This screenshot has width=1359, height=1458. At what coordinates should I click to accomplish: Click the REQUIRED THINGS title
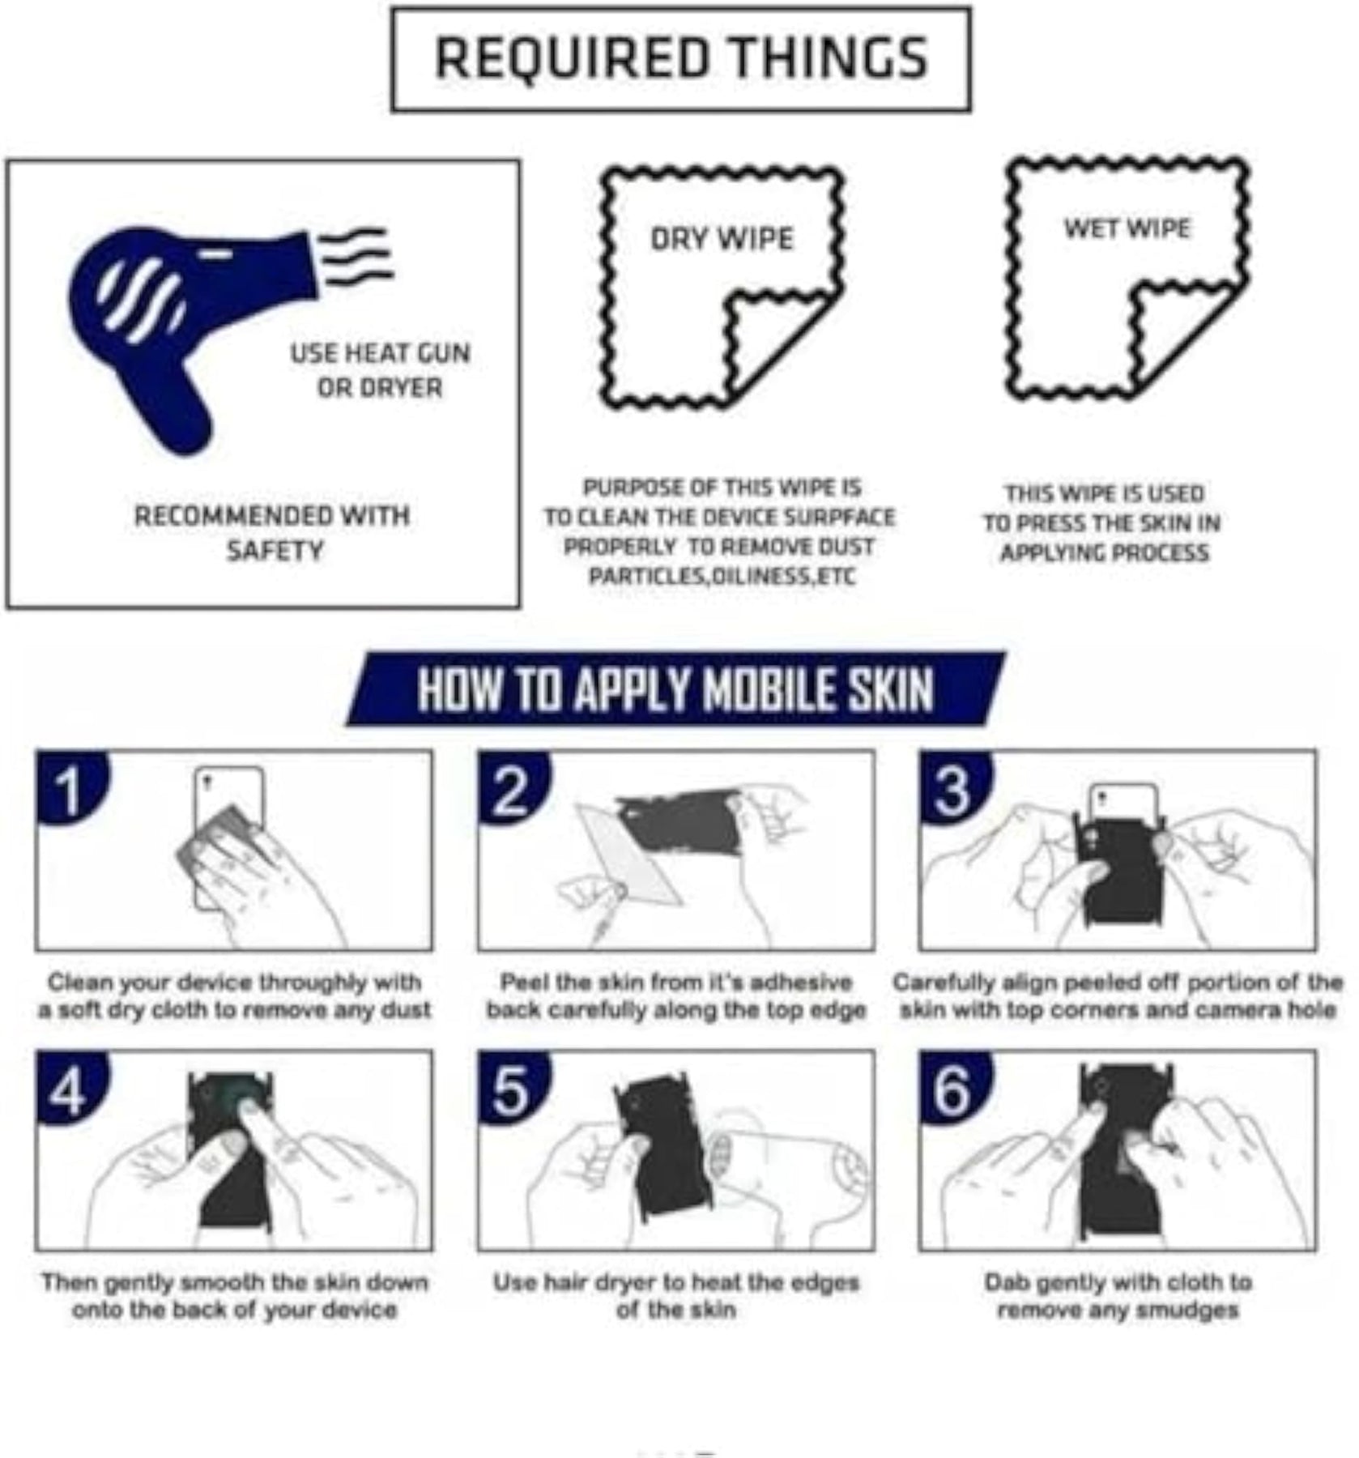[681, 58]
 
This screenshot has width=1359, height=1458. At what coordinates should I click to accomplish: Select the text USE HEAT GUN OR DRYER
[380, 370]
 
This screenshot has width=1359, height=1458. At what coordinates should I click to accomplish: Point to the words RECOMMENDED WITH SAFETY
[272, 533]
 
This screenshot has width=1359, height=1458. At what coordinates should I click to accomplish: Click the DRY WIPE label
[722, 239]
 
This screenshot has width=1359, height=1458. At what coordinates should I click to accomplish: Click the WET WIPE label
[1127, 228]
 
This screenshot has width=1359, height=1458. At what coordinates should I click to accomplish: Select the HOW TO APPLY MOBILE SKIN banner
[676, 689]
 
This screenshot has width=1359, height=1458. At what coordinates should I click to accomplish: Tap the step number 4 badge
[70, 1088]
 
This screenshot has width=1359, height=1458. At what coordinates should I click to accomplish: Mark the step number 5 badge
[513, 1088]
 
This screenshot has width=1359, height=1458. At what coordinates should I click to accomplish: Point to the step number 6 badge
[954, 1088]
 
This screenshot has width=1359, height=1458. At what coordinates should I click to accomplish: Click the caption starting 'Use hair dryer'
[676, 1297]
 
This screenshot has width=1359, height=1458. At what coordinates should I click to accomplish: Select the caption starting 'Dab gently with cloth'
[1118, 1297]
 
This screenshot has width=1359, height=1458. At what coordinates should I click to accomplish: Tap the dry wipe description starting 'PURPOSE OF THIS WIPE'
[720, 531]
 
